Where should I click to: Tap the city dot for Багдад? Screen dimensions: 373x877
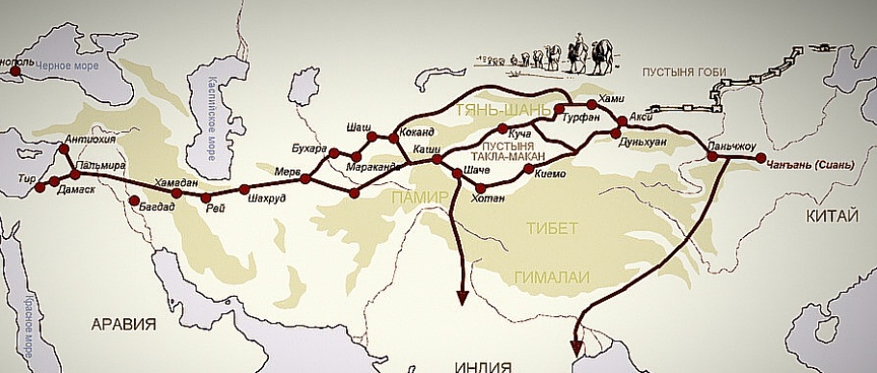point(133,201)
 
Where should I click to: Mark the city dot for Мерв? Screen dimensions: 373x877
point(306,179)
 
